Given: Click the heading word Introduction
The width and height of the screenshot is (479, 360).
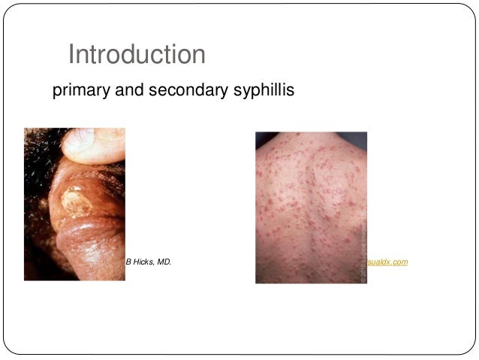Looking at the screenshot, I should [x=136, y=55].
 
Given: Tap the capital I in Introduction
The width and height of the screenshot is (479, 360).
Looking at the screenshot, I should [x=71, y=55].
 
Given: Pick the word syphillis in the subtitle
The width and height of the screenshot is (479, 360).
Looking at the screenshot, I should [x=259, y=92].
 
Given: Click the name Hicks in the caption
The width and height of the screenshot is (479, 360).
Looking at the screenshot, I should [x=147, y=262].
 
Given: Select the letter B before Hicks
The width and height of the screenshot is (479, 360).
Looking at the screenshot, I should [x=128, y=262].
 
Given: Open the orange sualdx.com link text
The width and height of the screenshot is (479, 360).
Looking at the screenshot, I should [x=387, y=262].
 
